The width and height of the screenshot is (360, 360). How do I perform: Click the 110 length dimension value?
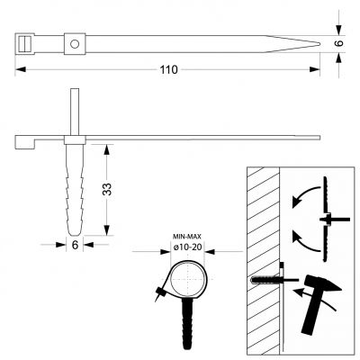coord(168,69)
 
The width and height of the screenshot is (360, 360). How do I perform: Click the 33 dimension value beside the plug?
coord(107,189)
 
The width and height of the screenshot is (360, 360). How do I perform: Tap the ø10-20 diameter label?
coord(187,247)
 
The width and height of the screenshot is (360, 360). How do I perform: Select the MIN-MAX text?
coord(187,237)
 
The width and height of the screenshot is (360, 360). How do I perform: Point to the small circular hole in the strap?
coord(75,44)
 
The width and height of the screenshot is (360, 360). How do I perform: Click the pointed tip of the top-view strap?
coord(319,44)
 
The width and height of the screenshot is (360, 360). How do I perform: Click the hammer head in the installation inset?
coord(322,284)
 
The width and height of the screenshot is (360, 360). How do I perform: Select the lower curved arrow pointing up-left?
coord(305,241)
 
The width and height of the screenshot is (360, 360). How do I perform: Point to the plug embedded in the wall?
coord(265,280)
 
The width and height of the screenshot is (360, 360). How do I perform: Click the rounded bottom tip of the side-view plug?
coord(75,234)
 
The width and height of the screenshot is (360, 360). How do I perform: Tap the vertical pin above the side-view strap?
coord(75,112)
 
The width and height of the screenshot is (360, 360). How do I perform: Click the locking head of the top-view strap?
coord(24,44)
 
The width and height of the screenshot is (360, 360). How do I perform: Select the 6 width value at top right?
coord(339,43)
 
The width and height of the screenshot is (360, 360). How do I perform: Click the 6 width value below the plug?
coord(75,245)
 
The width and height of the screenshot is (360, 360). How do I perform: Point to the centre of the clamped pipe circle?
coord(188,279)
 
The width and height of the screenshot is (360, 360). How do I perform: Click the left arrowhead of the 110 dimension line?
coord(20,69)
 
